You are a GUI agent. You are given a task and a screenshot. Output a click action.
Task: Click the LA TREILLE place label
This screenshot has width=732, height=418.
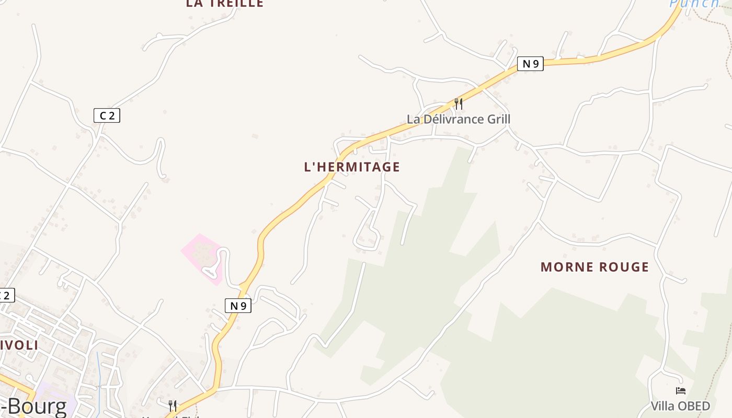[224, 3]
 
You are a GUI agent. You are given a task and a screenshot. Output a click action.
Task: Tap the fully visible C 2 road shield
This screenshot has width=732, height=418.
[107, 115]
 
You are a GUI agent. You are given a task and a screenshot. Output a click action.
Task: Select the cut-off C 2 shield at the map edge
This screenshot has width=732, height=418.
[5, 295]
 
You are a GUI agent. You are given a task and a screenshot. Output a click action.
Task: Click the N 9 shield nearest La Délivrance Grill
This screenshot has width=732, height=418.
[530, 64]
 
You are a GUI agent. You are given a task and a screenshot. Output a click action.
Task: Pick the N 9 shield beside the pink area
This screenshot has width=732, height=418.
[238, 306]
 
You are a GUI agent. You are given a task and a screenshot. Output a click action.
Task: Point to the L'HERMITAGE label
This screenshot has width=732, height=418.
[352, 167]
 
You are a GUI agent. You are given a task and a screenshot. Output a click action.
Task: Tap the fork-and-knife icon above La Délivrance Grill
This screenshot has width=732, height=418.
[459, 103]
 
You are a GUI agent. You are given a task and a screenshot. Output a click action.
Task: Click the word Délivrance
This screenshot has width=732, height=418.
[453, 119]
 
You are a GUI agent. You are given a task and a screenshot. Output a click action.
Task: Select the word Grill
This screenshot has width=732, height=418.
[498, 119]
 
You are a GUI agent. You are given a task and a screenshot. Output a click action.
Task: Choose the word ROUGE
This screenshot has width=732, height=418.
[624, 267]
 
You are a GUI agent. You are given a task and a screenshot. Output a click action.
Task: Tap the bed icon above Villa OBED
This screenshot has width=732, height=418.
[680, 390]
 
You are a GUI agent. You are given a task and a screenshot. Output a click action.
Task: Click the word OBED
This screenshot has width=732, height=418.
[695, 406]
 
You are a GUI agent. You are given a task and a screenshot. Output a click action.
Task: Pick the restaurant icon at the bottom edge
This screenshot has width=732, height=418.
[173, 405]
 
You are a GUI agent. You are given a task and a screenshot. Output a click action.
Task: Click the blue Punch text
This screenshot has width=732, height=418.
[694, 3]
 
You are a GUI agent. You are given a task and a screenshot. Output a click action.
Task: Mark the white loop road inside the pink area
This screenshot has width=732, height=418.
[220, 264]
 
